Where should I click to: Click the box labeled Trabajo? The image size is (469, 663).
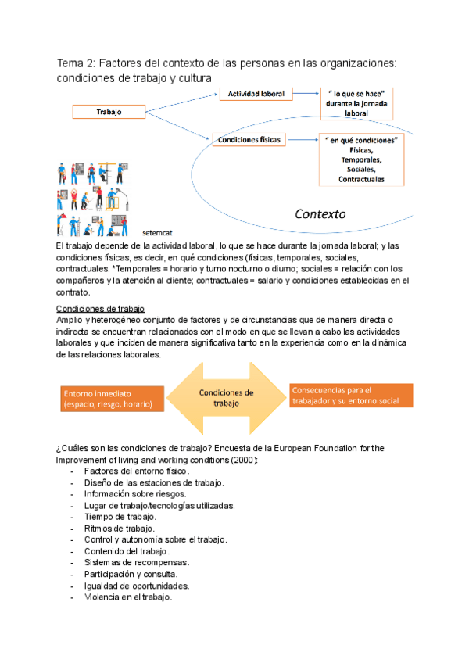109,112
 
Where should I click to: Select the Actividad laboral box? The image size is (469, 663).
256,93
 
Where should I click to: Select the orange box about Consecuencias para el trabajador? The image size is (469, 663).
350,396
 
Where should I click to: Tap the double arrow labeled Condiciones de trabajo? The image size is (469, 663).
227,398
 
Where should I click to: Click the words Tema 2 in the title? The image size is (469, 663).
76,63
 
